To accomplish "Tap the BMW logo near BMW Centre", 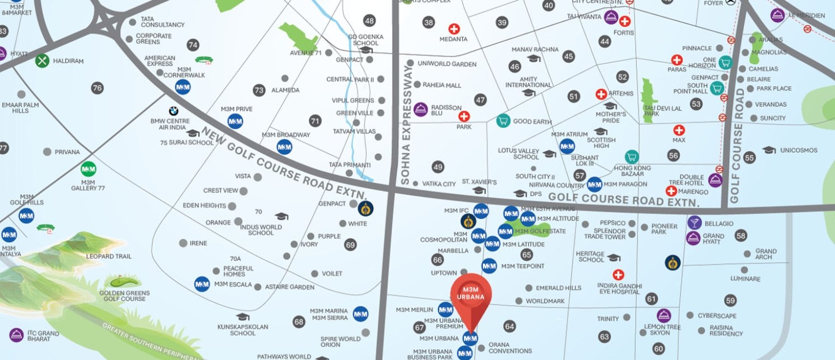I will pos(174,111).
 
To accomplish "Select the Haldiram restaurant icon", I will pos(43,61).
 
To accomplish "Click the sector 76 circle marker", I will pos(97,88).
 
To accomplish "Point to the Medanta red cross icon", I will pos(454,29).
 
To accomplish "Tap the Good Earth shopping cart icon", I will pos(503,121).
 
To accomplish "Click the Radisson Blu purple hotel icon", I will pos(420,109).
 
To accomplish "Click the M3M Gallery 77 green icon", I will pos(88,169).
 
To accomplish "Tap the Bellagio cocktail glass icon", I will pos(694,223).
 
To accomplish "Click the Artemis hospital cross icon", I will pos(601,94).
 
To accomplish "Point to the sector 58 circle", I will pos(741,236).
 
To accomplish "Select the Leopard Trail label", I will pos(109,256).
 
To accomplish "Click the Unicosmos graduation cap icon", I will pos(768,150).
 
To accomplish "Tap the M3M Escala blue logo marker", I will pos(202,284).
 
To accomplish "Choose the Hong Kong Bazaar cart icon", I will pos(631,157).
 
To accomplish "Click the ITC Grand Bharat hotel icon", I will pos(16,335).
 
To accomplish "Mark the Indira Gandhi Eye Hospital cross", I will pos(618,275).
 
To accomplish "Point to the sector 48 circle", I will pos(369,21).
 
